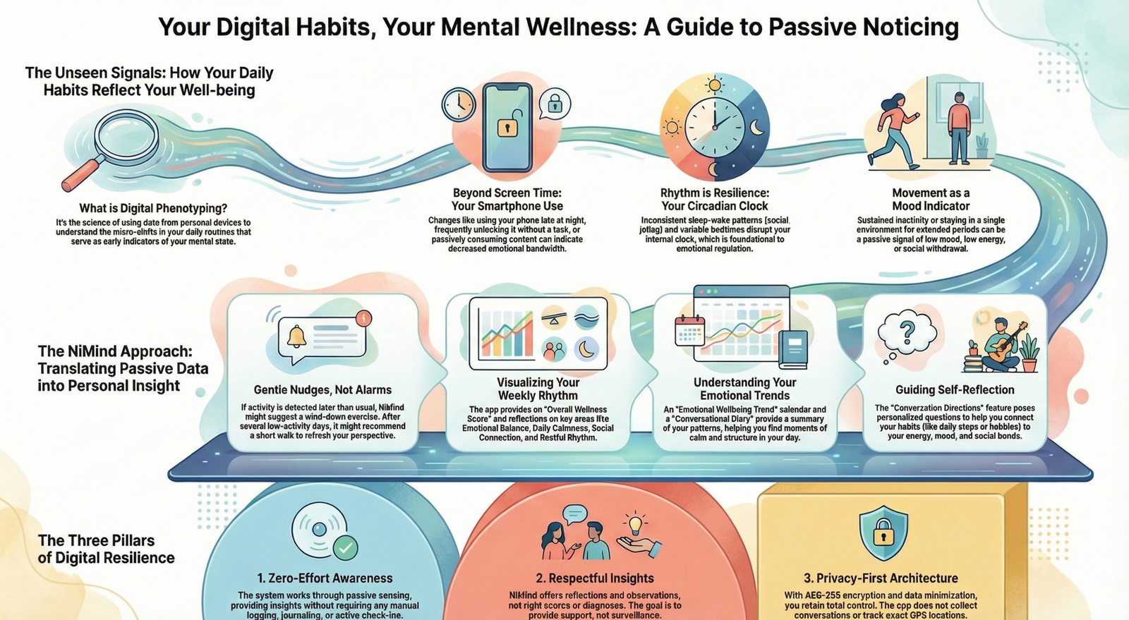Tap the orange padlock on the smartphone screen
coord(507,127)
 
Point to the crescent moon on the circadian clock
coord(756,128)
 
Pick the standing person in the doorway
coord(959,127)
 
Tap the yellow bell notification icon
coord(296,336)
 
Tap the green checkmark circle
coord(344,547)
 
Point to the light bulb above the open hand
coord(636,524)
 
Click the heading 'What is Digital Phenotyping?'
coord(153,208)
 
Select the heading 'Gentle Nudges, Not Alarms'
coord(322,389)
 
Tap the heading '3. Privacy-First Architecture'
coord(881,578)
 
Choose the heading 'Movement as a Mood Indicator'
coord(931,200)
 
